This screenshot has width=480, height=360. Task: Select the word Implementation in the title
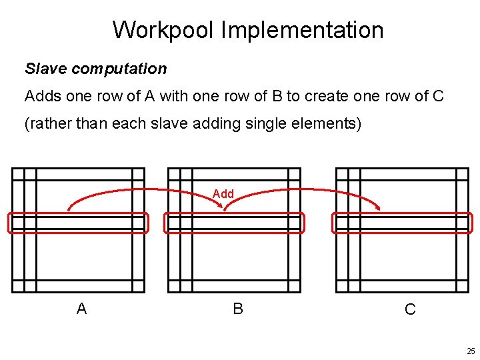(302, 31)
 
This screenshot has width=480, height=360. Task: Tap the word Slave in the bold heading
(45, 69)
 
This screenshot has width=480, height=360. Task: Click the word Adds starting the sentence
(43, 96)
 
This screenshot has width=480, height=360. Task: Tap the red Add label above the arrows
(223, 194)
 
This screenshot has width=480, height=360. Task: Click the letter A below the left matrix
(81, 309)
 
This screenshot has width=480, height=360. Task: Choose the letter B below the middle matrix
(238, 309)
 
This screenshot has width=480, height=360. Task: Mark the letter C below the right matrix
(410, 309)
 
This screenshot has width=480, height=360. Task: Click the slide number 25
(471, 351)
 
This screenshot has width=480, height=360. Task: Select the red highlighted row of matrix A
(78, 223)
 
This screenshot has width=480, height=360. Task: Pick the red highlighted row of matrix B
(234, 223)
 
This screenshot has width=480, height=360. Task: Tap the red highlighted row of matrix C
(402, 223)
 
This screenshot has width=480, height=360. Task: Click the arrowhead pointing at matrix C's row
(378, 208)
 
